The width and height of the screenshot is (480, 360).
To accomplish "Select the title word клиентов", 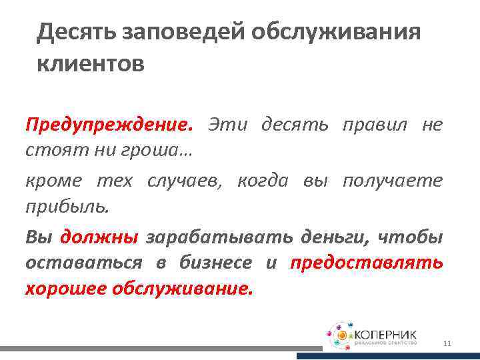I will pyautogui.click(x=90, y=65).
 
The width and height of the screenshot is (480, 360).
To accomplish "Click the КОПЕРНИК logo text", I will pyautogui.click(x=387, y=332).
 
